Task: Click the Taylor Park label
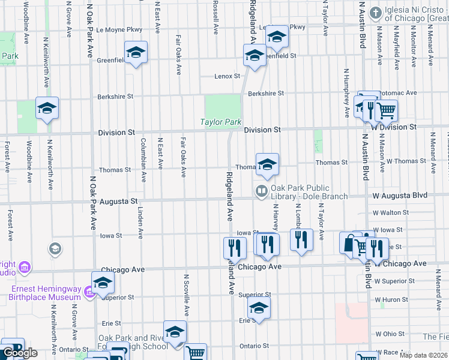(220, 122)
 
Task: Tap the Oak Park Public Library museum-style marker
(261, 192)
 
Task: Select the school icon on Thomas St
(267, 163)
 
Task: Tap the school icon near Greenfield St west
(136, 52)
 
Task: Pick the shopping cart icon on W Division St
(386, 110)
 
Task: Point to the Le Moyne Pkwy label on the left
(119, 29)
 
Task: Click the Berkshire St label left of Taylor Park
(115, 96)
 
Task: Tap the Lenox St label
(228, 76)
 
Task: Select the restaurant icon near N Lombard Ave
(301, 240)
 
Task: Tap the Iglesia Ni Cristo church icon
(376, 13)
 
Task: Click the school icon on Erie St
(259, 308)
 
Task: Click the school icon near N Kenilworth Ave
(47, 108)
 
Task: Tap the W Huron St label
(391, 299)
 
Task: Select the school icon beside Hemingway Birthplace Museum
(103, 282)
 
